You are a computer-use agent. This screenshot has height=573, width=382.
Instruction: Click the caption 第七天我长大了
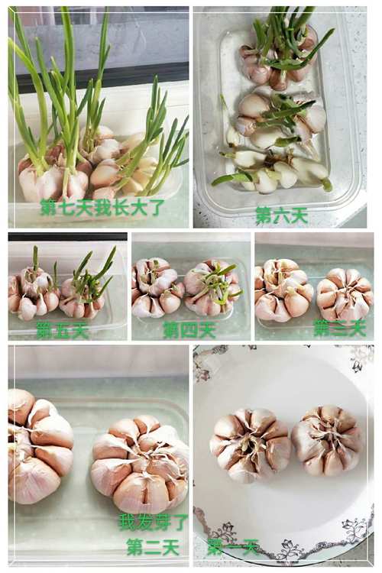(x=102, y=207)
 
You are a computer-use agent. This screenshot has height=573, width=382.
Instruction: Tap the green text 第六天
(x=281, y=215)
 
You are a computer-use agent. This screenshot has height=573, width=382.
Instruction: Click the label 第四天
(x=189, y=330)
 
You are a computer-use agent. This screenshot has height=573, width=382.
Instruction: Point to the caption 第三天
(x=339, y=328)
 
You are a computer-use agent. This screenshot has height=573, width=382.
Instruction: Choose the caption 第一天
(x=232, y=547)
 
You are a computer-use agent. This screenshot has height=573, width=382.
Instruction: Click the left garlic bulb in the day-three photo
(x=283, y=290)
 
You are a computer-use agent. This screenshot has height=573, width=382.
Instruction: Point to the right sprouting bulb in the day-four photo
(x=212, y=288)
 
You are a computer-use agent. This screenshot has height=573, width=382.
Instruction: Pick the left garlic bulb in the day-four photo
(x=155, y=288)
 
